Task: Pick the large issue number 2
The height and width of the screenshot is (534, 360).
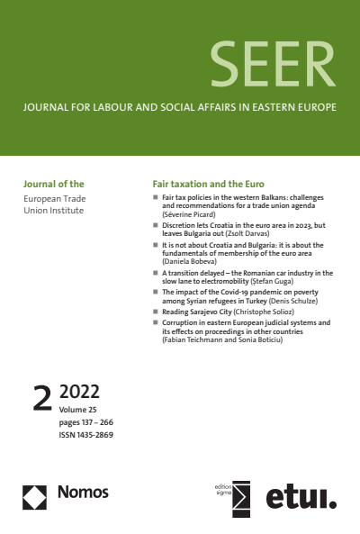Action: pos(41,398)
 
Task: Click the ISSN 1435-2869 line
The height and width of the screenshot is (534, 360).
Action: pos(86,434)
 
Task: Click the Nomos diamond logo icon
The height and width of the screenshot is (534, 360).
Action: pos(34,493)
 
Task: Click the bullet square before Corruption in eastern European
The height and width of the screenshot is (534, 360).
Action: pos(154,321)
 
